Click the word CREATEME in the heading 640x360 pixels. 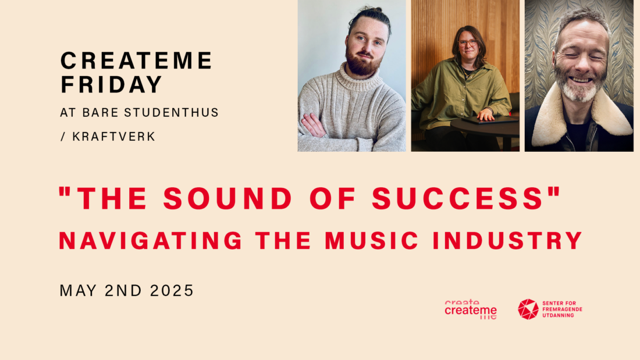136,60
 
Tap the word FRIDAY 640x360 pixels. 112,84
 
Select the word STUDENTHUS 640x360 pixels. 172,113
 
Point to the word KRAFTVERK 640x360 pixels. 114,137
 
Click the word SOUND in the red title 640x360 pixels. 227,199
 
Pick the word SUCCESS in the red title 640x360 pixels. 457,199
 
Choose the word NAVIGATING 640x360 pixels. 151,240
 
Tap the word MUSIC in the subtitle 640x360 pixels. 372,240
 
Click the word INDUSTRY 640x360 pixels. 507,240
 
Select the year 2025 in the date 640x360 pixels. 172,291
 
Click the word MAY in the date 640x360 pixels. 78,291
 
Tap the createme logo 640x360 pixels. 471,310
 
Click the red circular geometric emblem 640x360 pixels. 528,309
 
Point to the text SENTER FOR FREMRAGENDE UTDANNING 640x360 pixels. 562,309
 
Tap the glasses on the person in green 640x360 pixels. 467,42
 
